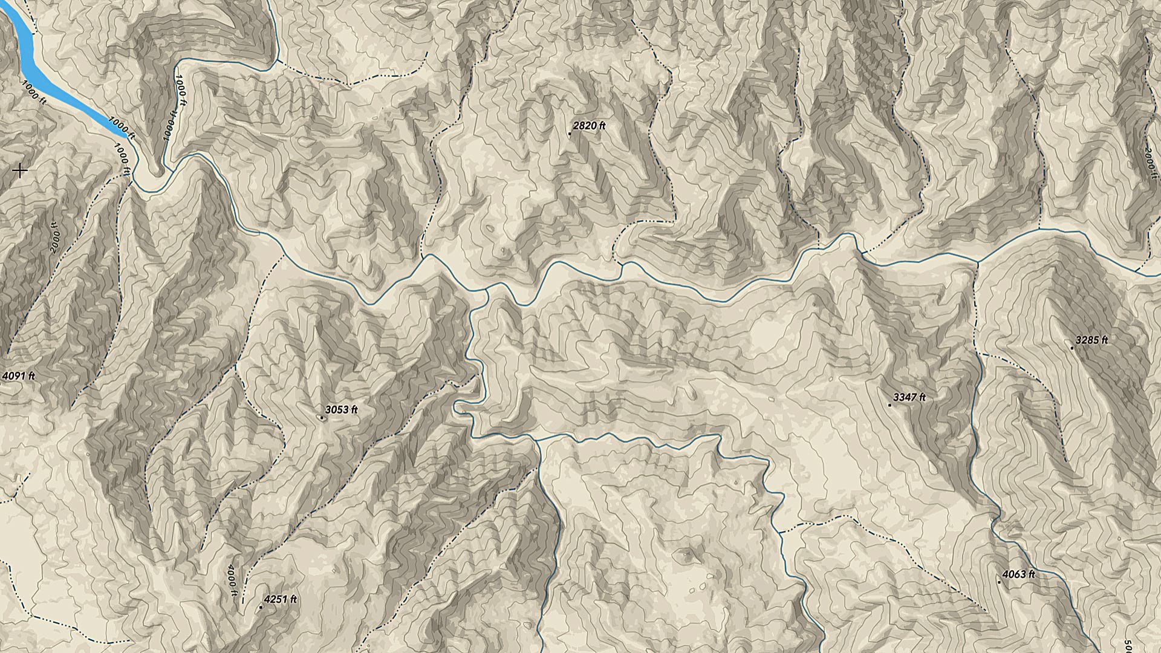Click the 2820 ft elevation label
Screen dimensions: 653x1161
[x=589, y=126]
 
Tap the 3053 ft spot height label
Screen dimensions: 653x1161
[x=342, y=410]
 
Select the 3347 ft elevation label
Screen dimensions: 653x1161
[x=909, y=397]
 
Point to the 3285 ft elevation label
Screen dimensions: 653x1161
[x=1091, y=340]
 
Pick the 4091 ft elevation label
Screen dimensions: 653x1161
[x=19, y=376]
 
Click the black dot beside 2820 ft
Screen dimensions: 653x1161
[x=570, y=134]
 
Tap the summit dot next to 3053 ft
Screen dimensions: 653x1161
[x=322, y=417]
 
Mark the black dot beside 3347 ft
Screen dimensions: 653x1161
[x=889, y=405]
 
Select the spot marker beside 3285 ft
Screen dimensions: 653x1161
[x=1072, y=348]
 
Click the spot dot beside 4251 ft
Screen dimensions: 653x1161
[x=261, y=608]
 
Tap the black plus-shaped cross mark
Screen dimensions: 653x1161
[x=20, y=171]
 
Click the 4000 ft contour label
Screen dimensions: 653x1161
[x=232, y=581]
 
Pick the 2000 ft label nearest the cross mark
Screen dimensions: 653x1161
[x=56, y=238]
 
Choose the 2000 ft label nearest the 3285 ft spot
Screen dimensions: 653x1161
[x=1148, y=162]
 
